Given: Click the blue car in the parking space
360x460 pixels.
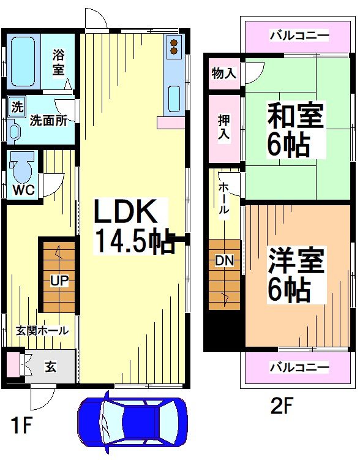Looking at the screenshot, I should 132,422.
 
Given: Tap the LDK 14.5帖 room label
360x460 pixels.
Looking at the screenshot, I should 131,225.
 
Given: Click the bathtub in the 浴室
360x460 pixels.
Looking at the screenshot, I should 23,61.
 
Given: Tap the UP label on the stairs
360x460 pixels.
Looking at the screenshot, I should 59,281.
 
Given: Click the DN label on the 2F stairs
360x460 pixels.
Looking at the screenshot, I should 223,260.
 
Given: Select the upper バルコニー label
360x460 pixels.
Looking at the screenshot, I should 299,36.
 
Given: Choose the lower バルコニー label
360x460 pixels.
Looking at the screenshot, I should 299,368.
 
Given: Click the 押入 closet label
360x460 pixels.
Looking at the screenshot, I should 225,127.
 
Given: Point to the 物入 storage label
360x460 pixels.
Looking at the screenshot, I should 223,74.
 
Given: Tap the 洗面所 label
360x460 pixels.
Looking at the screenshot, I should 48,121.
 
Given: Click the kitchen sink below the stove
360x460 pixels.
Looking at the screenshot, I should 174,97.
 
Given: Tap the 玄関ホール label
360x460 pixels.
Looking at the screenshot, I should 42,331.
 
